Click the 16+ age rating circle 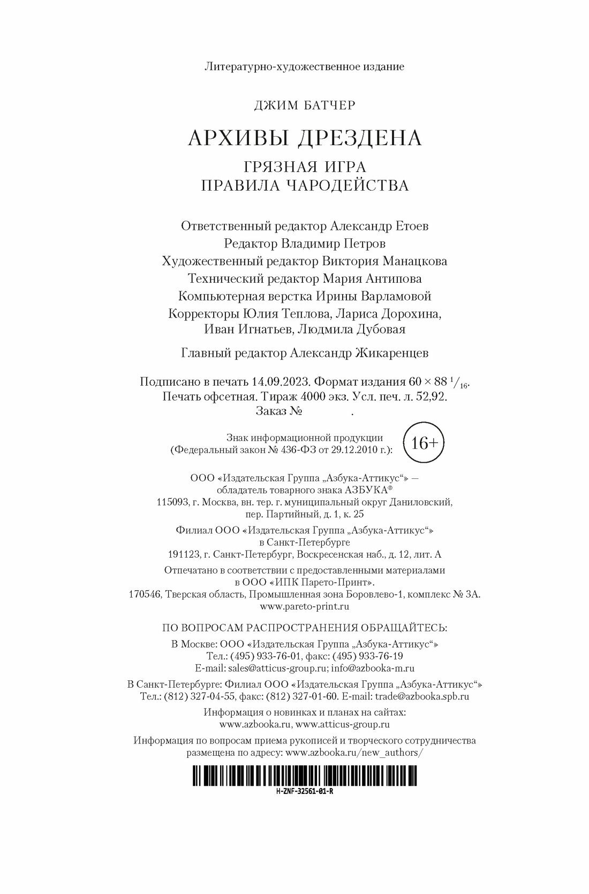point(424,443)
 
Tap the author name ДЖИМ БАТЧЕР point(304,106)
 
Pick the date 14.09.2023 point(281,382)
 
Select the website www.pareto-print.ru point(304,607)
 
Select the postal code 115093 point(172,503)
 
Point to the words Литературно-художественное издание point(304,67)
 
